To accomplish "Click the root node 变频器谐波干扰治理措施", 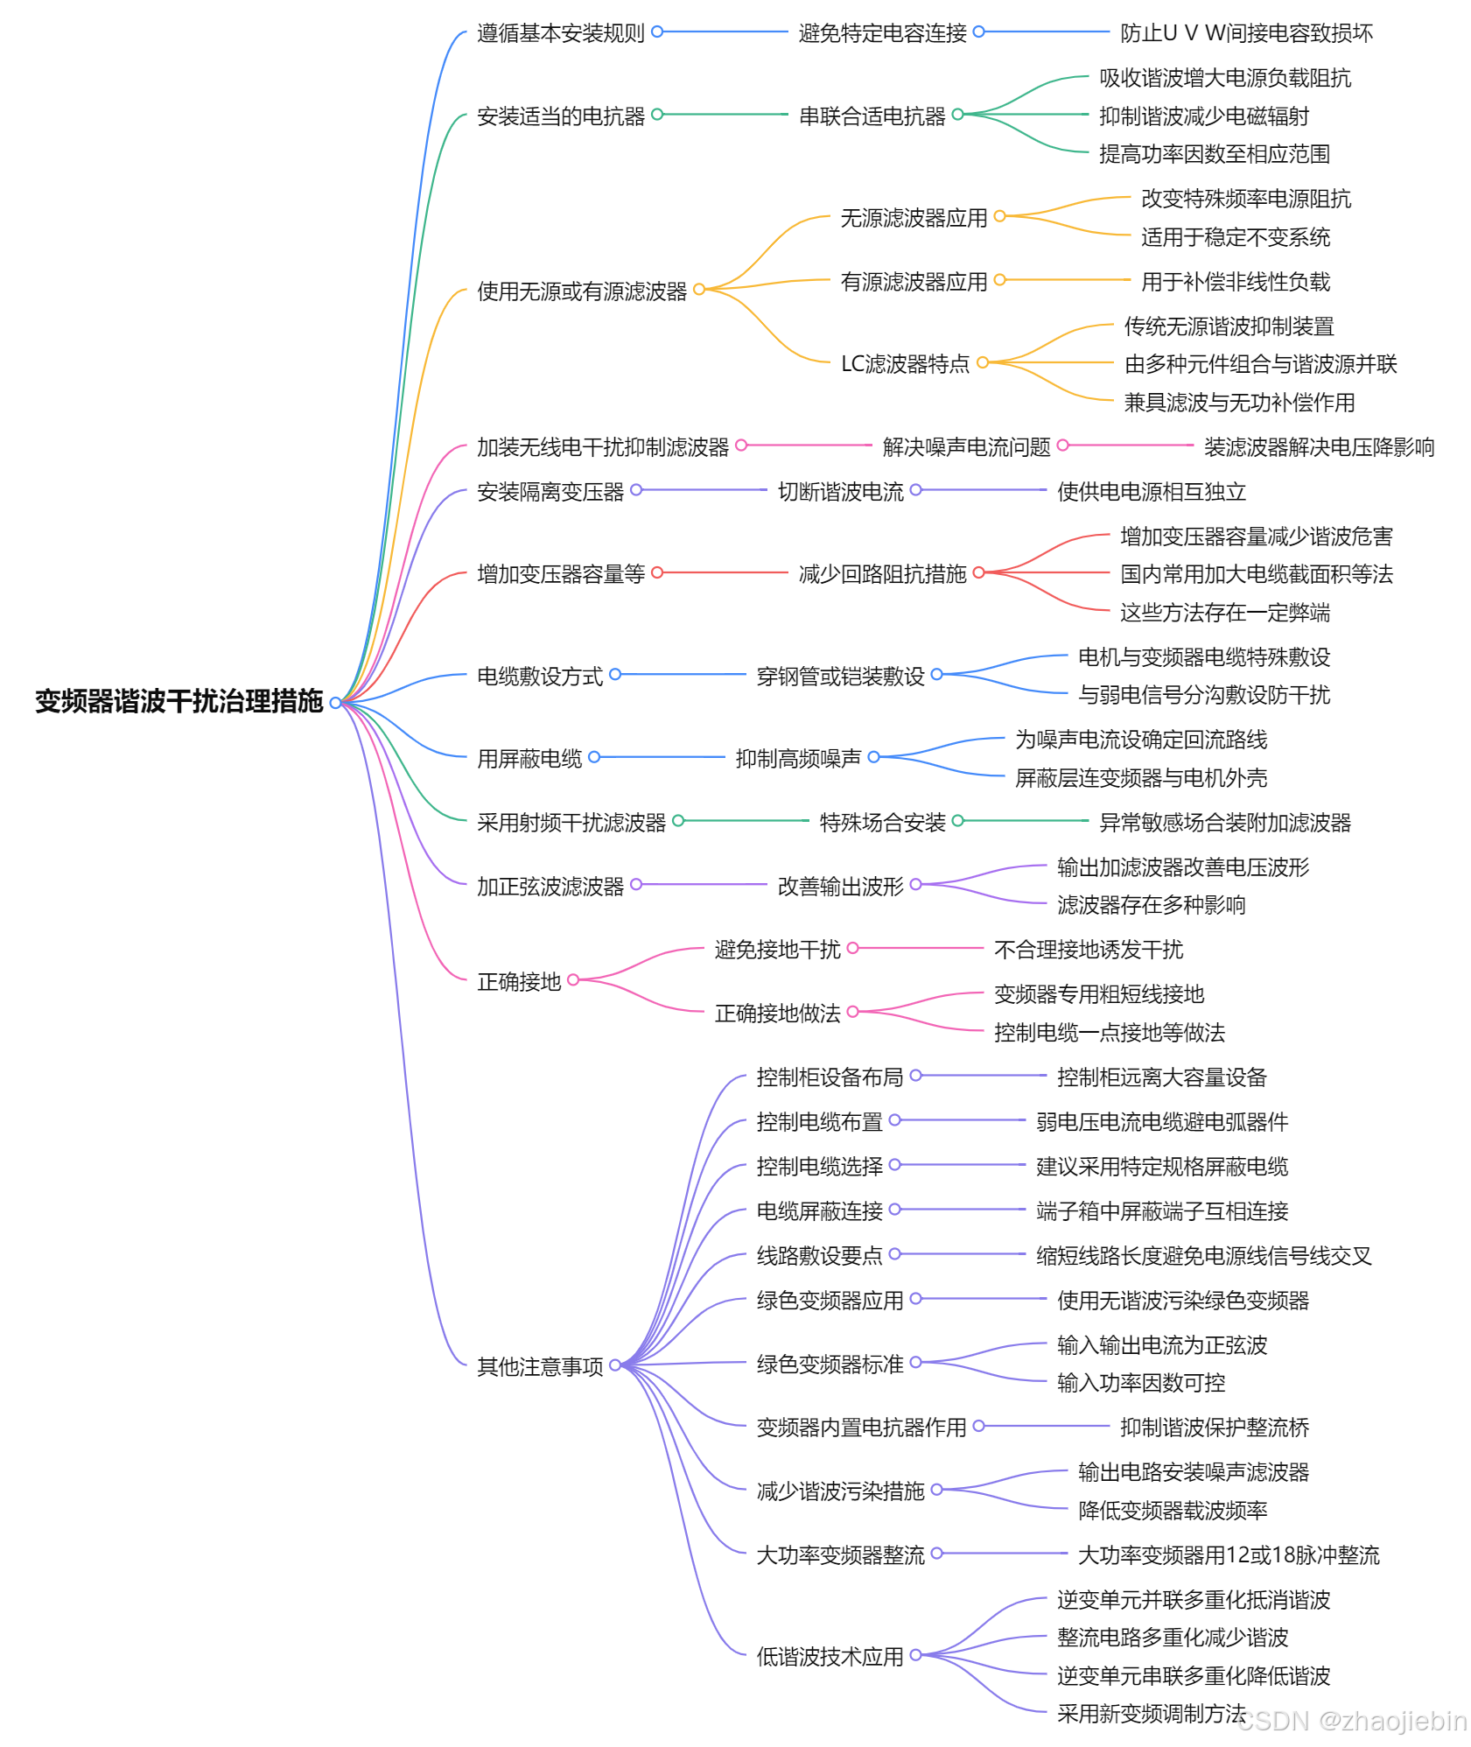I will tap(179, 701).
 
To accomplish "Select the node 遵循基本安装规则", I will tap(560, 33).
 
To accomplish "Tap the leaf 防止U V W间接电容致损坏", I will tap(1246, 33).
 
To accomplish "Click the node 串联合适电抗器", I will tap(872, 116).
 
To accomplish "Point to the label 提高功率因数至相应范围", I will tap(1214, 154).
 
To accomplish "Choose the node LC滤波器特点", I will tap(905, 363).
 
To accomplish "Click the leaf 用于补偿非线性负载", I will tap(1235, 282).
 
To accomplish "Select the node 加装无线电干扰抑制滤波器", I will tap(602, 447).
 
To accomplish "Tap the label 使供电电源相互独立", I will tap(1151, 492).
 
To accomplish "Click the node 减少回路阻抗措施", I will tap(882, 574).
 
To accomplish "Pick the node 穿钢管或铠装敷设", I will tap(840, 677).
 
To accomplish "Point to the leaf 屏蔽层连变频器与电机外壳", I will tap(1140, 778).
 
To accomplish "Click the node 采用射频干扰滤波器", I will tap(571, 823).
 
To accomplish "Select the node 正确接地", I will tap(518, 982).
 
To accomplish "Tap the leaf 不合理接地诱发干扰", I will tap(1088, 950).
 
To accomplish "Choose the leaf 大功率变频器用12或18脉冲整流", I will tap(1228, 1555).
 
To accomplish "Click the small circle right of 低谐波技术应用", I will tap(915, 1655).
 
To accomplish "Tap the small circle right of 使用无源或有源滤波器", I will tap(698, 290).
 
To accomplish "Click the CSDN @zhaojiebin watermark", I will tap(1351, 1722).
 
